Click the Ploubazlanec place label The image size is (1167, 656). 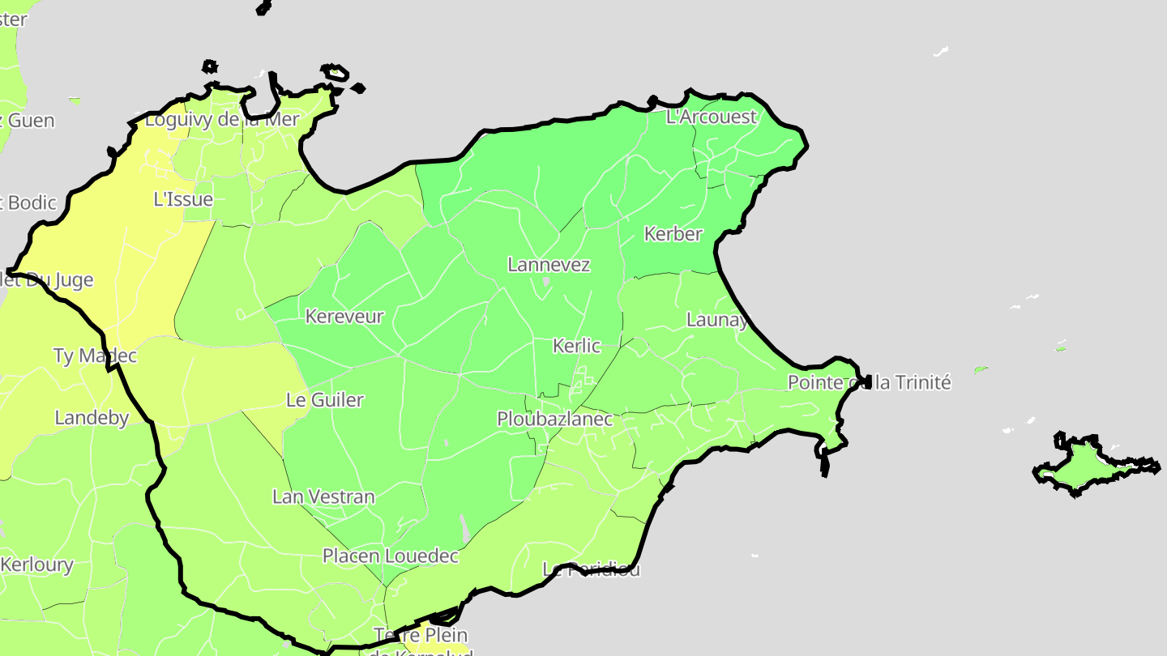point(554,420)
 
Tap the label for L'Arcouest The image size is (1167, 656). point(711,117)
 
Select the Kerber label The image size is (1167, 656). point(673,234)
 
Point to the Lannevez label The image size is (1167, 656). point(549,265)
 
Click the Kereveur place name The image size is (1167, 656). point(344,317)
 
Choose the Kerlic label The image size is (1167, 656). point(575,347)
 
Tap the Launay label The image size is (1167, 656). point(716,320)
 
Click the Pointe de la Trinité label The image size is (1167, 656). point(869,382)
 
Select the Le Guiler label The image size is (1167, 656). point(325,400)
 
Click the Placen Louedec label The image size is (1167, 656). point(391,556)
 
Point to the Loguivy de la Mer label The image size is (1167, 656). point(222,121)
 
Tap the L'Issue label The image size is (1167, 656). point(183,199)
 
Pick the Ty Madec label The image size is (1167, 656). point(95,356)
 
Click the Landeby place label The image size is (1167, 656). point(92,418)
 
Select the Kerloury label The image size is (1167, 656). point(37,565)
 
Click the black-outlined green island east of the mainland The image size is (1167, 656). point(1085,466)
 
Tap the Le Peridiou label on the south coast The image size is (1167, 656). point(591,569)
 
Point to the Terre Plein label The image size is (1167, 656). point(421,635)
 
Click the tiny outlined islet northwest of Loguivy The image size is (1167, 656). point(210,66)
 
